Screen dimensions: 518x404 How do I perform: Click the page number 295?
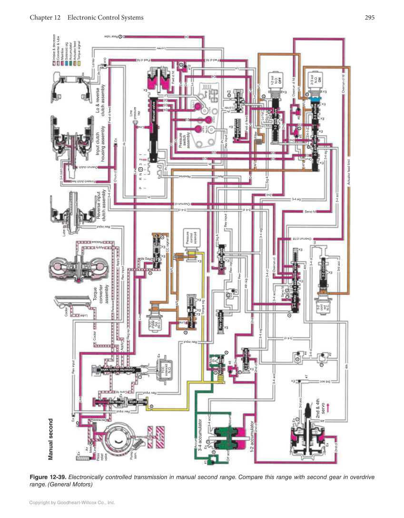pos(370,18)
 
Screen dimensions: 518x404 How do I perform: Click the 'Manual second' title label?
pos(51,439)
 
